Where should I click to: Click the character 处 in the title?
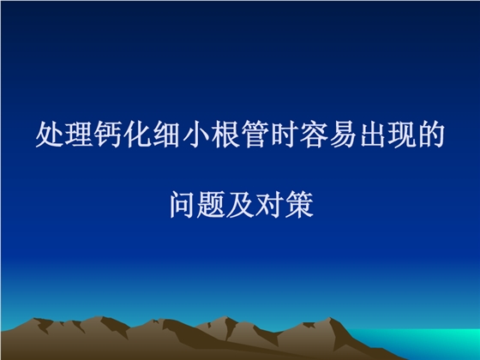coord(45,135)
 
